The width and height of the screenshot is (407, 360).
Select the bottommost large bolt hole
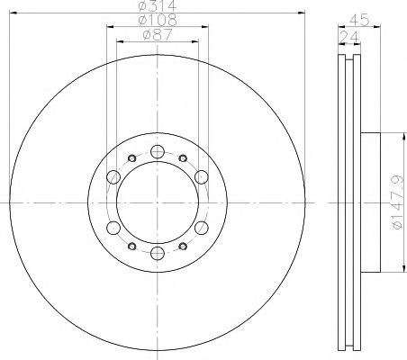point(157,253)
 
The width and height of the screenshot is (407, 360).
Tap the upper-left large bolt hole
point(113,176)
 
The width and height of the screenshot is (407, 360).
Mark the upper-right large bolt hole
point(201,176)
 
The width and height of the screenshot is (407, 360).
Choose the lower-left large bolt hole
point(113,227)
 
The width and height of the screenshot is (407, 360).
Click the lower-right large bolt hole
point(201,227)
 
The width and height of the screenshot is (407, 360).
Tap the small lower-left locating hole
point(131,245)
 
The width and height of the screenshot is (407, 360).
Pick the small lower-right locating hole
point(183,245)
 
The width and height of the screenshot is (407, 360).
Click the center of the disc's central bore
point(157,202)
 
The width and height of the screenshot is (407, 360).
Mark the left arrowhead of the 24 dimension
point(340,33)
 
